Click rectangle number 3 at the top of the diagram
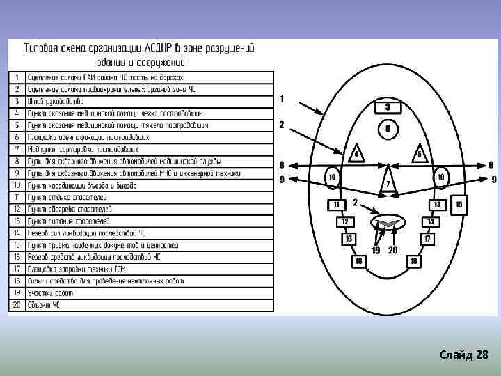pyautogui.click(x=387, y=107)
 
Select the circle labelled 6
pyautogui.click(x=387, y=130)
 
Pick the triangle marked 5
pyautogui.click(x=419, y=154)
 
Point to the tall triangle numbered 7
pyautogui.click(x=388, y=182)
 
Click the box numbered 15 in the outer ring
pyautogui.click(x=459, y=204)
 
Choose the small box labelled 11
pyautogui.click(x=336, y=204)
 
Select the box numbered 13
pyautogui.click(x=438, y=204)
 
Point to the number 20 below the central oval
pyautogui.click(x=392, y=250)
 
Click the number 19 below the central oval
pyautogui.click(x=376, y=250)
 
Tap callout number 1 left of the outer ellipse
pyautogui.click(x=282, y=100)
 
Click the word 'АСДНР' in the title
pyautogui.click(x=154, y=49)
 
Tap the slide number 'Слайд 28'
pyautogui.click(x=464, y=356)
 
